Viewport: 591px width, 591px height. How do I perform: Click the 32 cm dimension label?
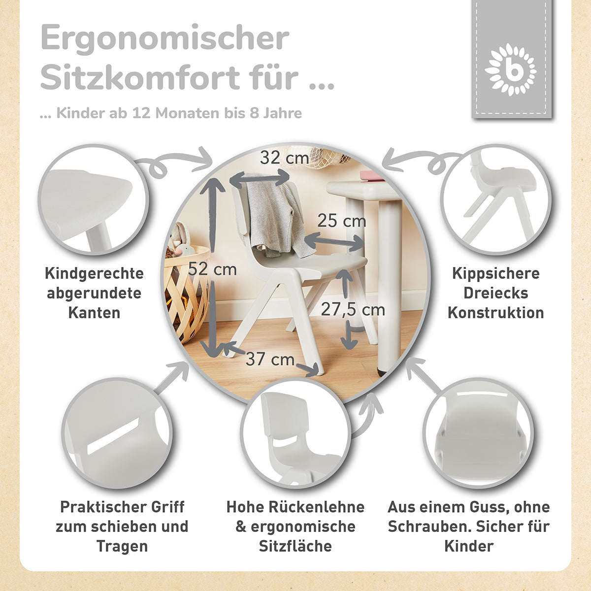(284, 158)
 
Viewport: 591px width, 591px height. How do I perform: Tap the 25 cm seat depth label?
(341, 221)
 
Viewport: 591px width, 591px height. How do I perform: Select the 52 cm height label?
(212, 269)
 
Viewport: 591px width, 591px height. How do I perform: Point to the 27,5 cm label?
(353, 309)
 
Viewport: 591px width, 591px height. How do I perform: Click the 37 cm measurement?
(270, 359)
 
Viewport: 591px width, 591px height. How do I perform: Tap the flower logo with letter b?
(511, 69)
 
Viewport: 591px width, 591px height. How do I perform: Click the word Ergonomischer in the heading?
(165, 38)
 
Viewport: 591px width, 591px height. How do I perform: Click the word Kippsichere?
(495, 273)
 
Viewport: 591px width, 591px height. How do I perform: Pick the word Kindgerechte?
(94, 273)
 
